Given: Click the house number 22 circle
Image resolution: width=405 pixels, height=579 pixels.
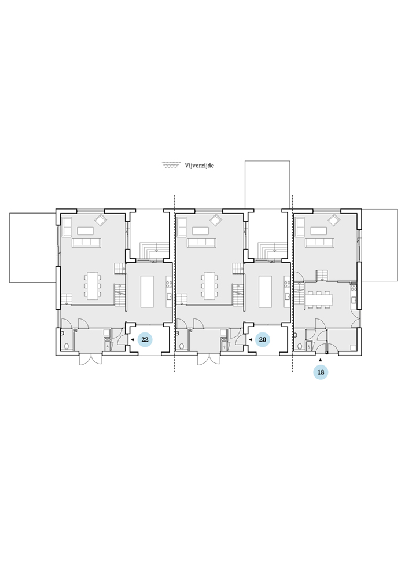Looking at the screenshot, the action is (x=145, y=339).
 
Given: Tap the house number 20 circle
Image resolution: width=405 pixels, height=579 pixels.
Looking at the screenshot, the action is (x=262, y=339).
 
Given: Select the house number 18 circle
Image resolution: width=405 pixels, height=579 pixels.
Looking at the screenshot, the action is (x=321, y=372).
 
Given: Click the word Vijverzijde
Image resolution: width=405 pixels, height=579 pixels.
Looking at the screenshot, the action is (x=199, y=166).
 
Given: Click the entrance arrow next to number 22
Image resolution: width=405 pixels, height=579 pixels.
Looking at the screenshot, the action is (x=132, y=339).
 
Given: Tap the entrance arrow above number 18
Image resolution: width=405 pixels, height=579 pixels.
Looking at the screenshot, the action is (x=321, y=360).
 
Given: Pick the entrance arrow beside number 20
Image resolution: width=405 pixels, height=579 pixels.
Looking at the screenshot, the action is (x=250, y=339).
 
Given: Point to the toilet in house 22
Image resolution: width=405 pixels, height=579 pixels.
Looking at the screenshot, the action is (x=67, y=346).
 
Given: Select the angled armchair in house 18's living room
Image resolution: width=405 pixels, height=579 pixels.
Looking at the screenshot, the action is (x=335, y=220).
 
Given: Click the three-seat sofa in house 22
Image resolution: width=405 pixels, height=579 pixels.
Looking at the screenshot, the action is (x=87, y=243).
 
